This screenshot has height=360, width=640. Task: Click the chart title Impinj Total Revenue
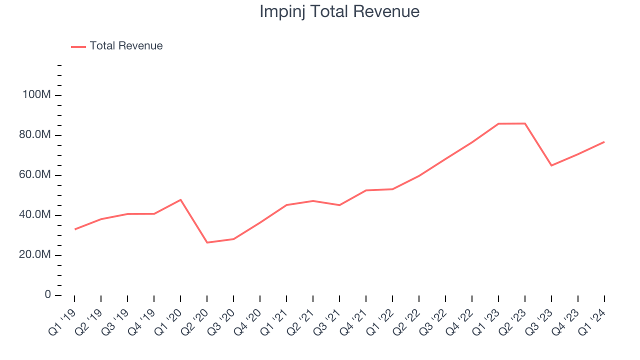pyautogui.click(x=339, y=11)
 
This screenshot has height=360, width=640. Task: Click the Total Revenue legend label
pyautogui.click(x=126, y=46)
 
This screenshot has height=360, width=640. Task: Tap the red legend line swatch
pyautogui.click(x=78, y=46)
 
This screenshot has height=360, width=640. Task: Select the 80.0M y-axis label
pyautogui.click(x=36, y=135)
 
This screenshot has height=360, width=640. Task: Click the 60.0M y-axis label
pyautogui.click(x=36, y=175)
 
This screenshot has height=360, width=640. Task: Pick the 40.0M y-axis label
pyautogui.click(x=36, y=215)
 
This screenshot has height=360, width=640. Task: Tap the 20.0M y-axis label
pyautogui.click(x=36, y=255)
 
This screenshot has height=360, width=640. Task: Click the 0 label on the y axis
pyautogui.click(x=47, y=295)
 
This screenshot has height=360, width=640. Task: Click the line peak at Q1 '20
pyautogui.click(x=180, y=200)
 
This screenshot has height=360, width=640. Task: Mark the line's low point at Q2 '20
pyautogui.click(x=207, y=242)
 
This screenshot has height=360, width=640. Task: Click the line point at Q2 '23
pyautogui.click(x=525, y=123)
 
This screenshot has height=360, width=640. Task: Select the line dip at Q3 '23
pyautogui.click(x=551, y=165)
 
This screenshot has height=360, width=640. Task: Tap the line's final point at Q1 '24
pyautogui.click(x=604, y=142)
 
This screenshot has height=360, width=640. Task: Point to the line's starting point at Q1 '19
pyautogui.click(x=75, y=229)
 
